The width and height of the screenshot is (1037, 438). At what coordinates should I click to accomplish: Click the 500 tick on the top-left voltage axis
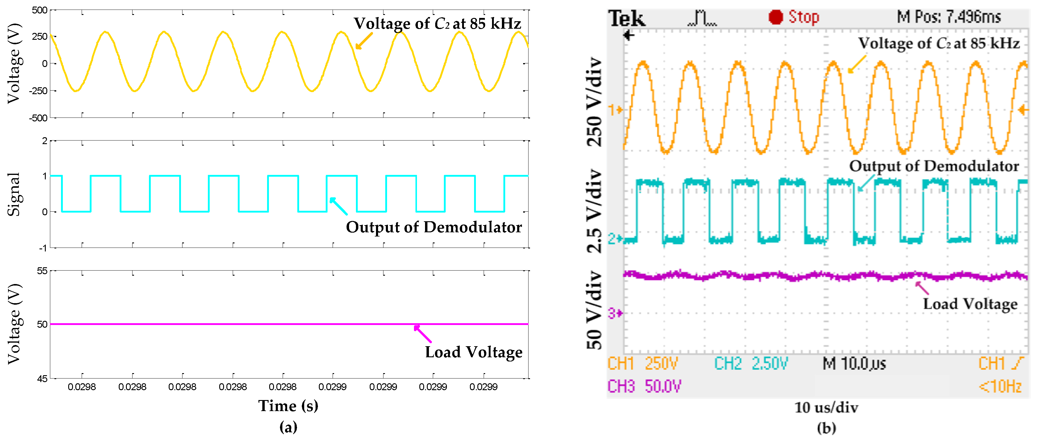39,10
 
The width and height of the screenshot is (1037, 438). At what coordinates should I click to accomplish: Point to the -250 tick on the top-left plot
38,91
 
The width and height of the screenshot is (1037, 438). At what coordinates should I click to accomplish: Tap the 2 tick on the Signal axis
44,141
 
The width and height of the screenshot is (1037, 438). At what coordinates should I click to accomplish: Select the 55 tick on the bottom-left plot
42,271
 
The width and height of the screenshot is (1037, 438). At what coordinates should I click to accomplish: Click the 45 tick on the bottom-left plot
42,379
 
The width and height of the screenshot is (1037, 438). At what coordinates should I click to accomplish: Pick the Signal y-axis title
14,194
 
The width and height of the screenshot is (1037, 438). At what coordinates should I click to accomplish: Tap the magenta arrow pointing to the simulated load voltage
422,334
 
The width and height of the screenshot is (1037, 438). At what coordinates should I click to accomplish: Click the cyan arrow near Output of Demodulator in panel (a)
338,206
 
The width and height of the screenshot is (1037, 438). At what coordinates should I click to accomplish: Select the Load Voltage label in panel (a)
473,352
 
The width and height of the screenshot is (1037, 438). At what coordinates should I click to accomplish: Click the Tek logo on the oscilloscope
626,19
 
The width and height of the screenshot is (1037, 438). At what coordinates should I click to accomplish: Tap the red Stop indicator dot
775,17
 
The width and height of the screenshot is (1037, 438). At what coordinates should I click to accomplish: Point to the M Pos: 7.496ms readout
948,17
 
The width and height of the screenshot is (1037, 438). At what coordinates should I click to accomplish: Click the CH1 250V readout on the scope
642,364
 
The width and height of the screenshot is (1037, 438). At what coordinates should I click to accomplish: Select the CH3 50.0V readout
644,387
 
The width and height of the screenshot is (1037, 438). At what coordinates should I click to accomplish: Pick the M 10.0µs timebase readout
854,364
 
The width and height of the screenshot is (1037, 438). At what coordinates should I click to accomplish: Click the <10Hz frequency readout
1000,387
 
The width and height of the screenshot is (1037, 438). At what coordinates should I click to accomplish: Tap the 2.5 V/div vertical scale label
594,211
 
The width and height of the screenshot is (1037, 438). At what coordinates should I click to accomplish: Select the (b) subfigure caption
826,428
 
